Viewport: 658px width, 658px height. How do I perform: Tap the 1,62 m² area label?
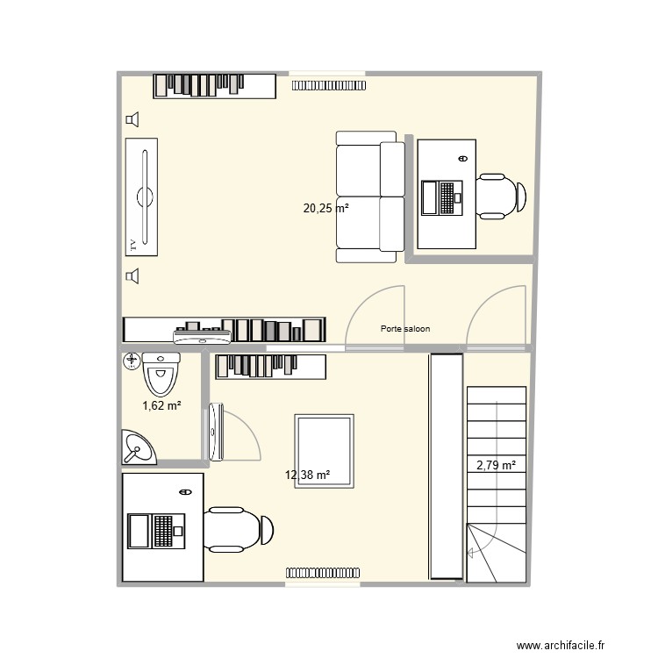tap(161, 405)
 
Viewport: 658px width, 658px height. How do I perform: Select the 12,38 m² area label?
tap(307, 476)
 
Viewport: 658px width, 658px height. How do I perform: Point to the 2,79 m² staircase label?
tap(496, 465)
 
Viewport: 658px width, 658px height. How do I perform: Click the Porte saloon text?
tap(405, 330)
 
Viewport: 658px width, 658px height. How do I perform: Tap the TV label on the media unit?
tap(133, 244)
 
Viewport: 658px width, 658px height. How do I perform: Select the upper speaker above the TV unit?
tap(132, 120)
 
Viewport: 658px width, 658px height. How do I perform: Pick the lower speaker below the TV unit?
tap(132, 277)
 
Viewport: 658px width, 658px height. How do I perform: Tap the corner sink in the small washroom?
tap(137, 447)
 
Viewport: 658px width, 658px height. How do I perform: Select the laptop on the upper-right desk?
tap(441, 197)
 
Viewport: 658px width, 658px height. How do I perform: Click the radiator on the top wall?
tap(328, 85)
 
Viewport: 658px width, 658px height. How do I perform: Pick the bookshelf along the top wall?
tap(215, 85)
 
